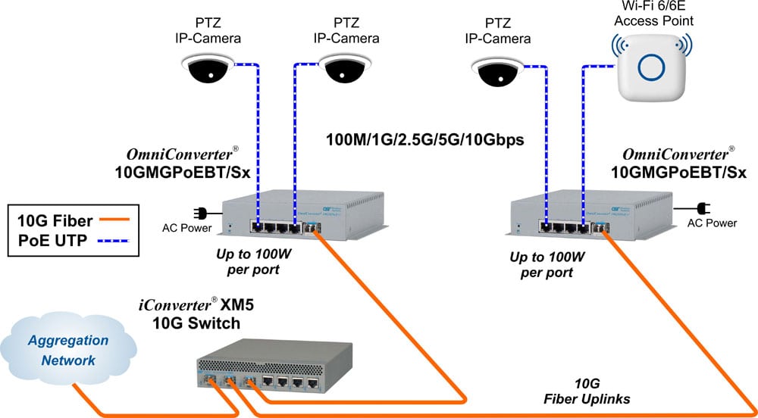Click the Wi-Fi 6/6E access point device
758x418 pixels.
click(651, 67)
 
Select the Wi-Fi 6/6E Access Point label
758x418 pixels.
click(650, 14)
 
